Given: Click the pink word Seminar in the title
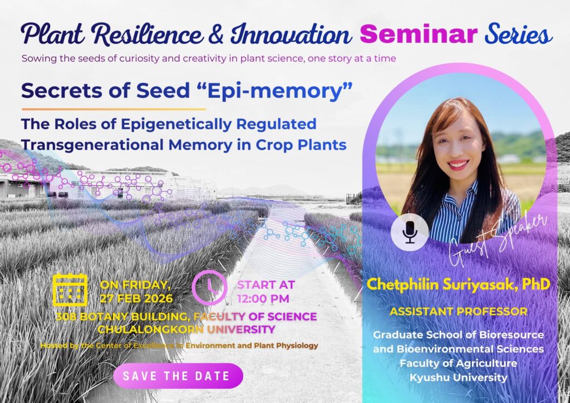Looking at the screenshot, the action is pyautogui.click(x=419, y=34).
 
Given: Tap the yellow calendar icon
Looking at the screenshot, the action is pyautogui.click(x=70, y=289).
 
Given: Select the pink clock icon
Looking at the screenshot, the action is pyautogui.click(x=209, y=288).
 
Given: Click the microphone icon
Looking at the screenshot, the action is pyautogui.click(x=410, y=232).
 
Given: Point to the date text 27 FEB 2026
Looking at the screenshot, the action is pyautogui.click(x=136, y=299).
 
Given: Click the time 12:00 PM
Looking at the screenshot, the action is pyautogui.click(x=263, y=299).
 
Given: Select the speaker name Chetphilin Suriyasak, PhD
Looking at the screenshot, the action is pyautogui.click(x=458, y=284).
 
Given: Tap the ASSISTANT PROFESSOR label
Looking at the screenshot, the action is pyautogui.click(x=459, y=311).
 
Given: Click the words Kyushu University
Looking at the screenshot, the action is pyautogui.click(x=459, y=377).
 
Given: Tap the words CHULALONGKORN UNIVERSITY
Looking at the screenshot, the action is pyautogui.click(x=186, y=330).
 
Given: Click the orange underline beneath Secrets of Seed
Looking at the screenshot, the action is pyautogui.click(x=114, y=109).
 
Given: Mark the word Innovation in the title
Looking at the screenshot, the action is pyautogui.click(x=291, y=35).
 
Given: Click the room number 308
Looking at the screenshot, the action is pyautogui.click(x=66, y=317).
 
